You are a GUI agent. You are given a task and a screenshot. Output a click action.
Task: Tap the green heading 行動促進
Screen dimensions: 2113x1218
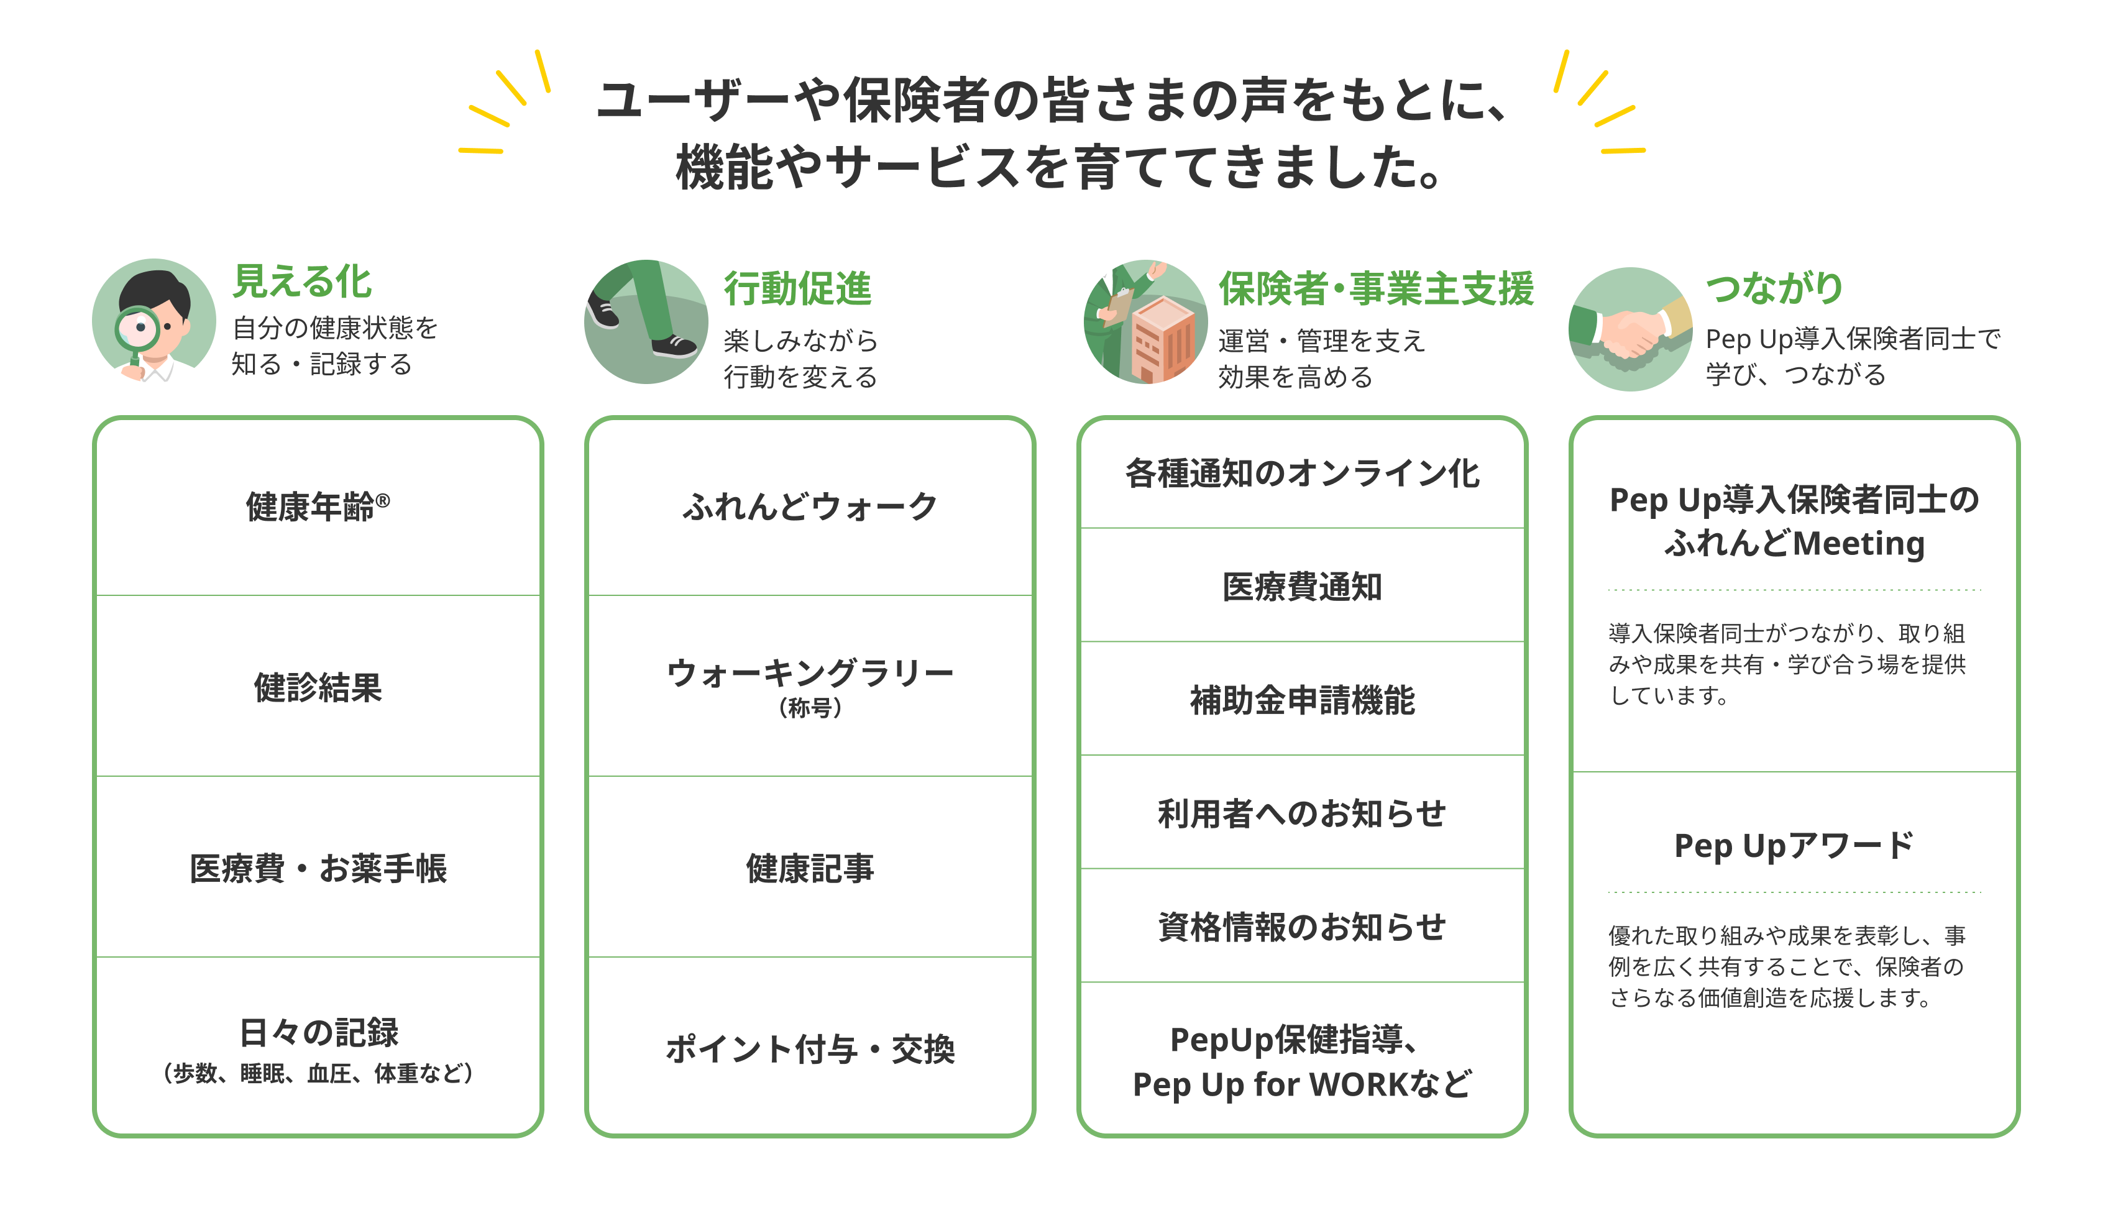pos(797,288)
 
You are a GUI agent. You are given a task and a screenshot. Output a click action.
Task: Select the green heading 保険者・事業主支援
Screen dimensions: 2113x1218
pos(1376,288)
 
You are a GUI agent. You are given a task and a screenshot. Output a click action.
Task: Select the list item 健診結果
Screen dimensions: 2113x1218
pos(318,688)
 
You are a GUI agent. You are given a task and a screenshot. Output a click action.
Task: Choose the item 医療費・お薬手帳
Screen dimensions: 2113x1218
pos(318,868)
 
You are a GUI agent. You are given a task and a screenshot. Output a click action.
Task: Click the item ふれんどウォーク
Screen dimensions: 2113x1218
pos(810,506)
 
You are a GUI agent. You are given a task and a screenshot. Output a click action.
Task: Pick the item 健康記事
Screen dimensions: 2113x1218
pos(810,868)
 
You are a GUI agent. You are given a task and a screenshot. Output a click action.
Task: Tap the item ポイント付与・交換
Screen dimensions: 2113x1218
pos(810,1049)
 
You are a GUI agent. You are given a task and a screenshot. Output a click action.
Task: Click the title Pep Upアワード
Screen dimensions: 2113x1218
pos(1794,846)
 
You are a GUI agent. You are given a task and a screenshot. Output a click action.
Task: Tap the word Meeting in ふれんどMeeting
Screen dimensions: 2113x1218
pos(1859,544)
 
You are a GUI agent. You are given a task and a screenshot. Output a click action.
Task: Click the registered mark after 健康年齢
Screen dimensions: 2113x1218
pos(382,500)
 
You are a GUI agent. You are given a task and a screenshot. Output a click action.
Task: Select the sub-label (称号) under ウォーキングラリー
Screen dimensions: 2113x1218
pos(810,708)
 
